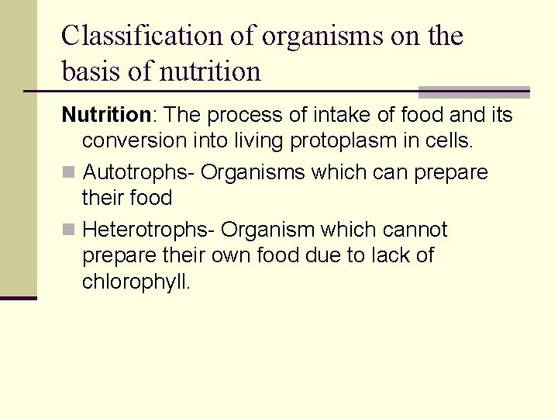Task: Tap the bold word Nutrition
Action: (105, 116)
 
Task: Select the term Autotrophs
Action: (137, 172)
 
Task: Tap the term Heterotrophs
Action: (148, 230)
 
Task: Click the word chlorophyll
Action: (136, 282)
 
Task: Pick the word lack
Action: (387, 255)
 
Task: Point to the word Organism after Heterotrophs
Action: (267, 230)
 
